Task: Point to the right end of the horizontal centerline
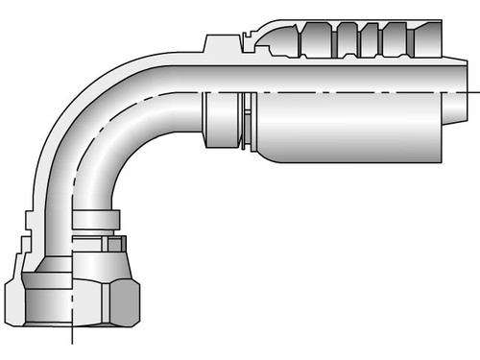(476, 91)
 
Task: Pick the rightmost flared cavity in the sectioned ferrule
(422, 44)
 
